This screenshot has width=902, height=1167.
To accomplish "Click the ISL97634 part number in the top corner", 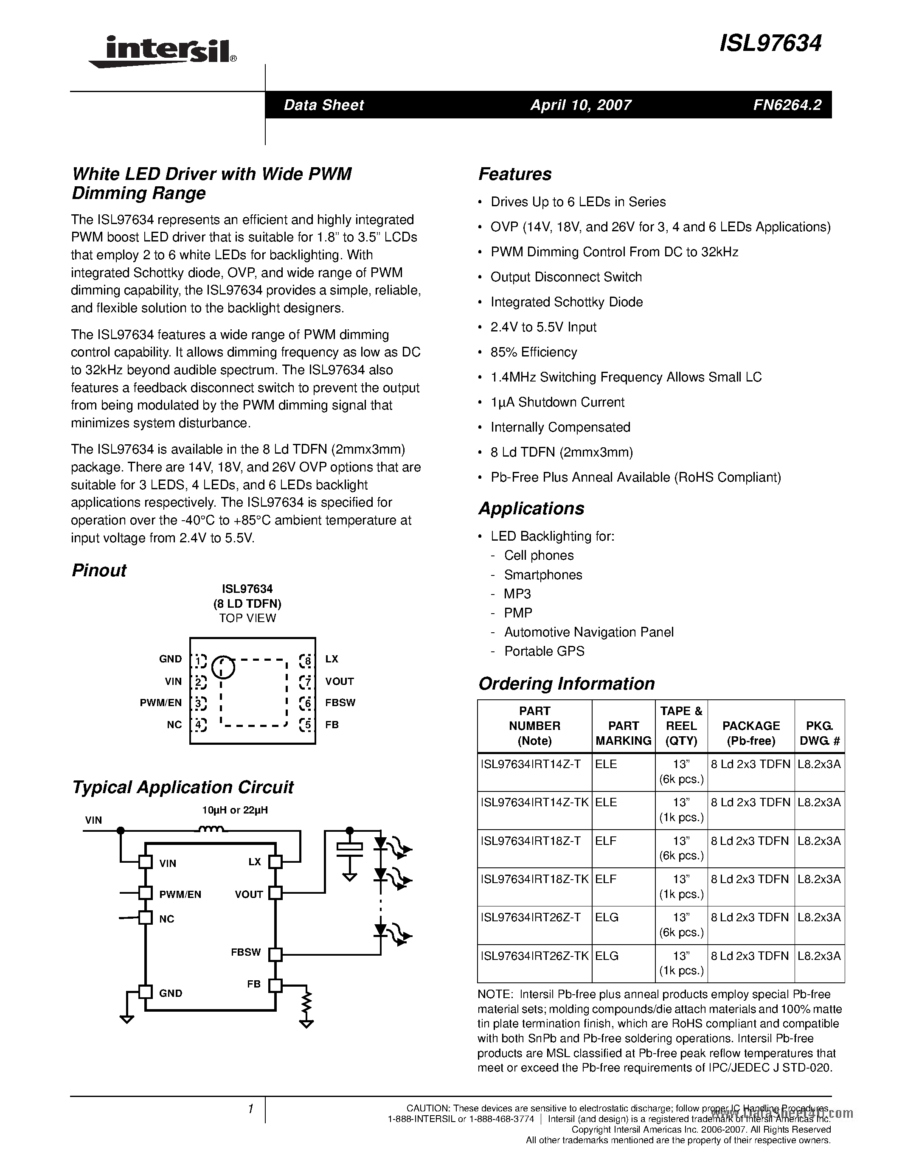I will (x=770, y=44).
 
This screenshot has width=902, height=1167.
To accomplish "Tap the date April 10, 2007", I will (x=580, y=105).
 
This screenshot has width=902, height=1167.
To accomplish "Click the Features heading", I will (x=514, y=174).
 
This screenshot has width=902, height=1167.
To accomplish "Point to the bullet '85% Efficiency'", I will (x=533, y=352).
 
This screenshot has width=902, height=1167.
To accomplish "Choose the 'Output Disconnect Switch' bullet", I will (x=566, y=277).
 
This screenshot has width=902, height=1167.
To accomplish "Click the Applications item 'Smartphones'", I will (x=543, y=575).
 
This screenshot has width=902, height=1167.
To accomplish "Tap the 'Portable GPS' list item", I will (x=544, y=651).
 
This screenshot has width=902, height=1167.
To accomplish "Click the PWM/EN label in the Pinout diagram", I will (x=161, y=703).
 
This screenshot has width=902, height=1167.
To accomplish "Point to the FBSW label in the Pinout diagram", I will (x=340, y=703).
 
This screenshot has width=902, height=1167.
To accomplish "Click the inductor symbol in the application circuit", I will (x=211, y=830).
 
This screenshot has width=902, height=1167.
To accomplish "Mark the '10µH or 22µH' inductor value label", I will (x=235, y=810).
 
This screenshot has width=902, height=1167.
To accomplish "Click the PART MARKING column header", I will (x=623, y=733).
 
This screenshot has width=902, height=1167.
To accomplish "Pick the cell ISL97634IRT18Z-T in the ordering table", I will (x=530, y=841).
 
